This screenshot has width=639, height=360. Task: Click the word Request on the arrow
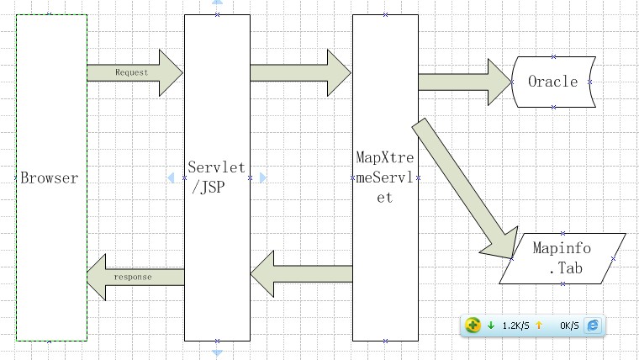[131, 72]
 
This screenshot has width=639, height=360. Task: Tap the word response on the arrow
[133, 277]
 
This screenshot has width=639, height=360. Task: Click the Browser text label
[49, 178]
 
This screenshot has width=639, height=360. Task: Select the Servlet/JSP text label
[217, 177]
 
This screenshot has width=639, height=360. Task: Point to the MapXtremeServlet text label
[385, 177]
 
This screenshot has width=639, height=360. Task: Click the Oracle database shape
[553, 82]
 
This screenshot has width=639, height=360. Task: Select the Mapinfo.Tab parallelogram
[562, 258]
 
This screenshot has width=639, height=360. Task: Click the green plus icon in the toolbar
[473, 325]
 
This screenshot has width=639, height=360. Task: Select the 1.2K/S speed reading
[515, 326]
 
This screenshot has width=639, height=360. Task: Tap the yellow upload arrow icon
[539, 325]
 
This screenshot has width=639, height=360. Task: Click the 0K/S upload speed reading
[569, 326]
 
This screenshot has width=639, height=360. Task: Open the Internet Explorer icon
[593, 325]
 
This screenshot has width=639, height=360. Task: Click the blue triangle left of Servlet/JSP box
[172, 177]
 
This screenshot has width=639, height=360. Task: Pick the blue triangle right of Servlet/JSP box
[262, 177]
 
